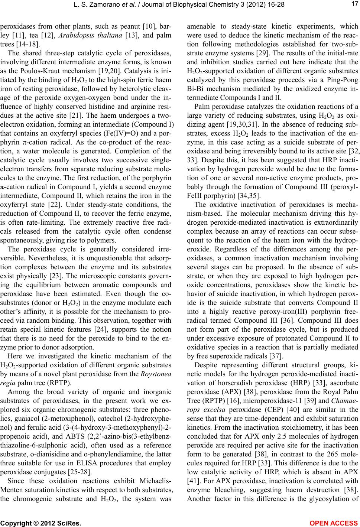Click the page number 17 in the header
coord(353,5)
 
